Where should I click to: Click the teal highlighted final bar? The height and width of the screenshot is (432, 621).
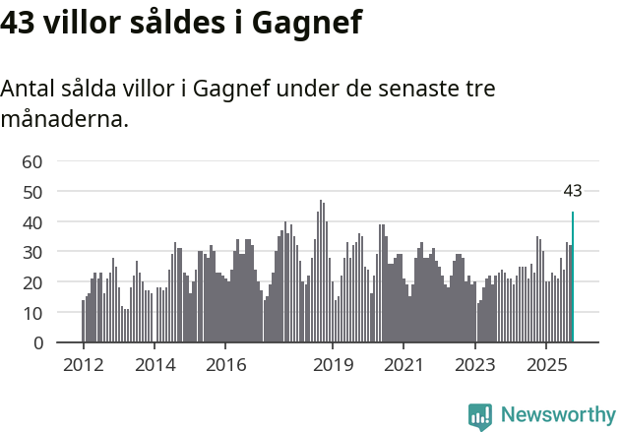573,278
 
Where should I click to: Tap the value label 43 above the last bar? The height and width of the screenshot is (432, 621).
573,191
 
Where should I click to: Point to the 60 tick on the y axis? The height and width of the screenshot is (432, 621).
32,161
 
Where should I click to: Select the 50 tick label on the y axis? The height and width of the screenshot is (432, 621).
32,192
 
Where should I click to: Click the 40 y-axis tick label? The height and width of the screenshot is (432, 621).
32,222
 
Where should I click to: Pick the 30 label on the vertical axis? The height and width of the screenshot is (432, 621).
32,253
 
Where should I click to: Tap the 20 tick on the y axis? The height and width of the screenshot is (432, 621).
32,283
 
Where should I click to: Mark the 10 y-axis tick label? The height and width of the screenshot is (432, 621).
32,313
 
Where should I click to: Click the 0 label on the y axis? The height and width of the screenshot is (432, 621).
37,343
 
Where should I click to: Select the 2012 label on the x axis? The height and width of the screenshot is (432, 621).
83,365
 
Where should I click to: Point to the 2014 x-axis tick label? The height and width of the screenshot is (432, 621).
155,365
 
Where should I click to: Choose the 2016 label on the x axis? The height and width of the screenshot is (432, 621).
225,365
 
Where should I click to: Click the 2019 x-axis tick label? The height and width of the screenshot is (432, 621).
333,365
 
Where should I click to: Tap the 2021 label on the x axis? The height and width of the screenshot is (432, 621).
404,365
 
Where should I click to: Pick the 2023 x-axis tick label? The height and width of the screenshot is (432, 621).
475,365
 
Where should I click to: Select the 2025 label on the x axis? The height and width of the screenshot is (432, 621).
546,365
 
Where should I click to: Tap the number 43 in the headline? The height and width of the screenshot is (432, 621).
20,22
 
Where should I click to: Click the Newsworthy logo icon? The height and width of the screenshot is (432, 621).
480,416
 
